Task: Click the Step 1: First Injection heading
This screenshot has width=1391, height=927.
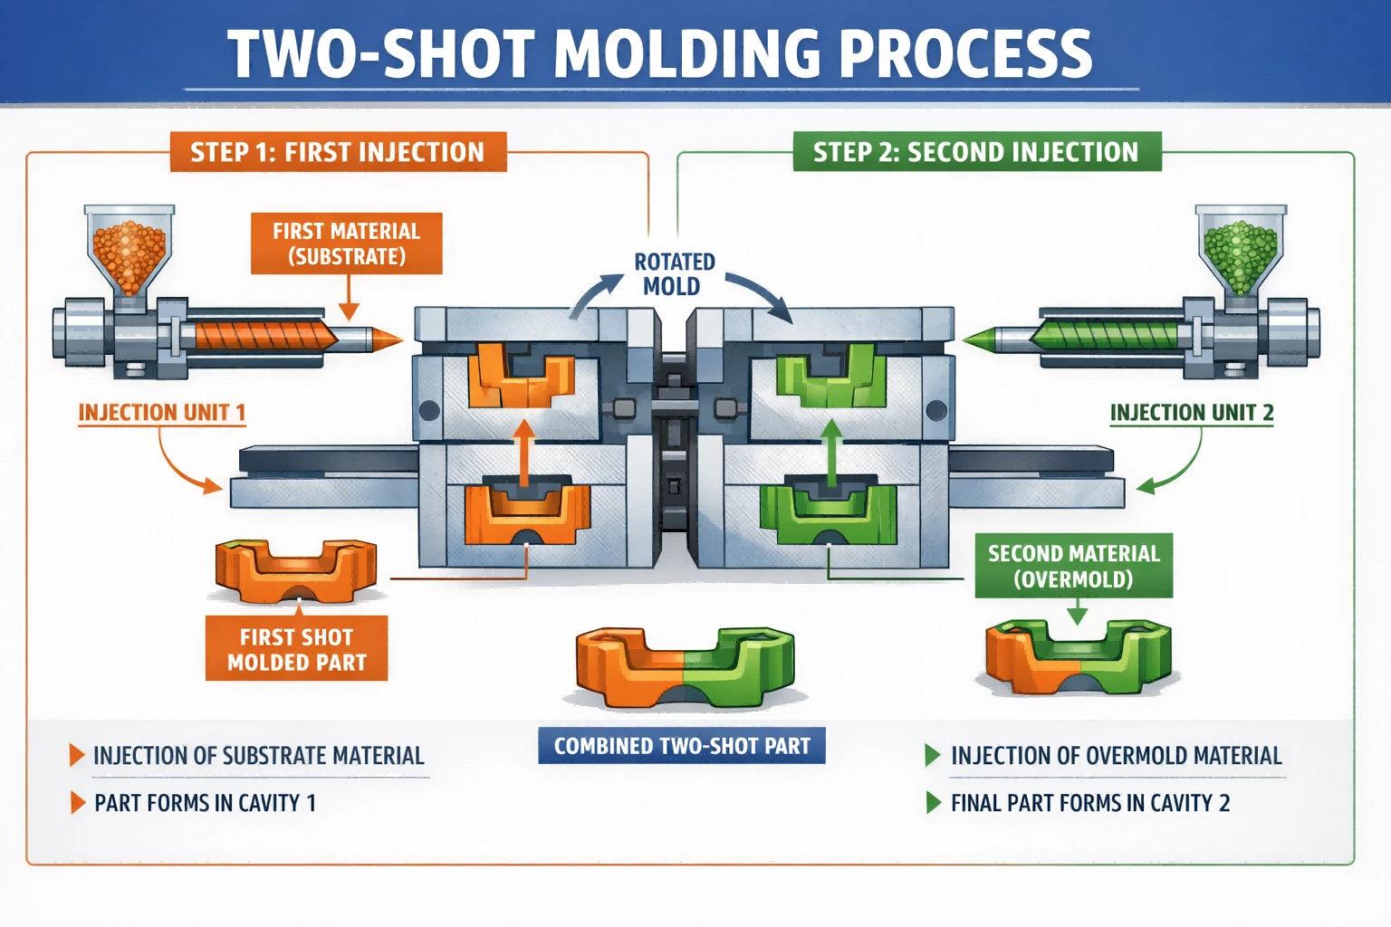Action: tap(339, 152)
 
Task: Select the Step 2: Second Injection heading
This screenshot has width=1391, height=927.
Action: tap(977, 151)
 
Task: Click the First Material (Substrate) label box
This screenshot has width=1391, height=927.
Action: tap(347, 244)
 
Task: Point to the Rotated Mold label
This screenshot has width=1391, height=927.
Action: tap(674, 273)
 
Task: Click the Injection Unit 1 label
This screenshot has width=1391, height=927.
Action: tap(162, 413)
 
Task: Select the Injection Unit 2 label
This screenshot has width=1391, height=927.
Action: tap(1192, 413)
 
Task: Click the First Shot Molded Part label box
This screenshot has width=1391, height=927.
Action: tap(297, 649)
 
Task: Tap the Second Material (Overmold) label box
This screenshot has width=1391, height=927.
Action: tap(1074, 566)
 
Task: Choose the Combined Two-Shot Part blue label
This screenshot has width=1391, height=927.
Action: tap(682, 746)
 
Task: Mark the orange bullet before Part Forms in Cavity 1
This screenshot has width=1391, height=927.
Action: tap(78, 803)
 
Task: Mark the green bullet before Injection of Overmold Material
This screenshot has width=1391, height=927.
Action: tap(933, 756)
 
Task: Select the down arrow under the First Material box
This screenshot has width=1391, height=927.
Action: tap(349, 298)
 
